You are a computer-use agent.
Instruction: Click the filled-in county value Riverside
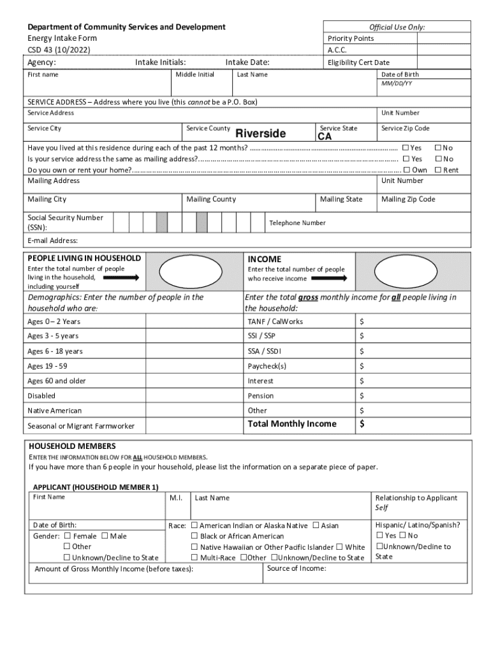coord(261,134)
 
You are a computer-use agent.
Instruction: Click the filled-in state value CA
coord(325,137)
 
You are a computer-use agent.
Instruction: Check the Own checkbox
coord(406,170)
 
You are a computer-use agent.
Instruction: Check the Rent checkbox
coord(437,170)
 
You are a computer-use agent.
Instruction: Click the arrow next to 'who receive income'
coord(329,278)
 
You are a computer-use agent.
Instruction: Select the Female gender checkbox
coord(66,536)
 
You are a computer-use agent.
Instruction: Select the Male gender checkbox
coord(105,536)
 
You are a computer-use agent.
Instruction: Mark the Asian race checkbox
coord(316,525)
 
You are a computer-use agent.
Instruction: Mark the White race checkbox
coord(339,547)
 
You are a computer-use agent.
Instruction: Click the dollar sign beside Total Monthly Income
coord(362,425)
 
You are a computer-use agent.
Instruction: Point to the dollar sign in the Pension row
coord(362,396)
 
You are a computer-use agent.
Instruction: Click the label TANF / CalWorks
coord(275,321)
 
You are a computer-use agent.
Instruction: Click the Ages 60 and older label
coord(57,381)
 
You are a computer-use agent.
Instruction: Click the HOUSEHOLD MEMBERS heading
coord(72,446)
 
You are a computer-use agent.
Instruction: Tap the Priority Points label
coord(351,38)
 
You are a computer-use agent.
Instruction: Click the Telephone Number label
coord(297,223)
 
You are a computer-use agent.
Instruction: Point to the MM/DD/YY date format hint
coord(397,84)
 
